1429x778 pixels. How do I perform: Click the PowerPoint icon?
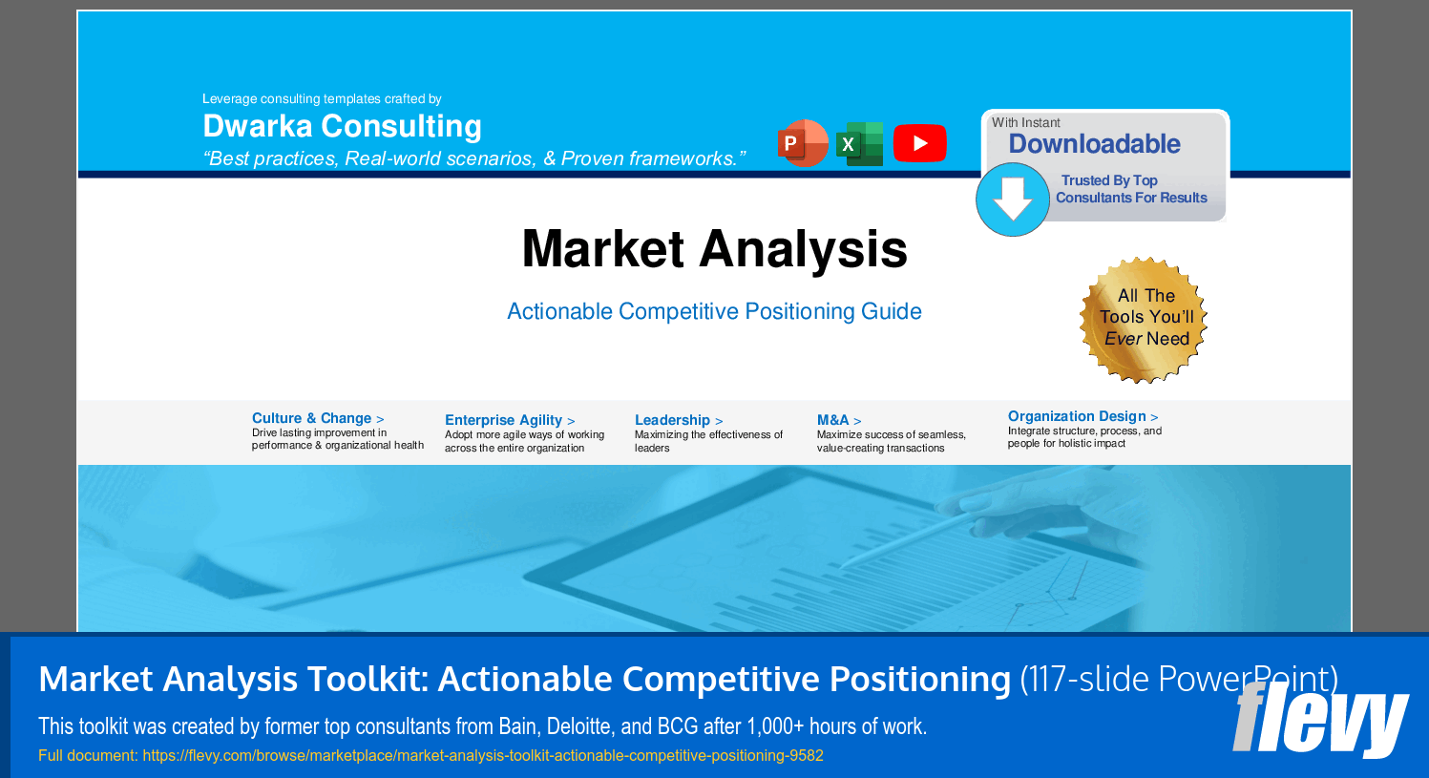803,143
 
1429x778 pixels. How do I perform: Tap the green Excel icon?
860,143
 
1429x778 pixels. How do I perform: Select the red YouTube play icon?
919,143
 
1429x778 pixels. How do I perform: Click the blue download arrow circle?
1013,199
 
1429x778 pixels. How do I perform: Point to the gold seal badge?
1144,320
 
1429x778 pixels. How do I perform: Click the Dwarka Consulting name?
342,126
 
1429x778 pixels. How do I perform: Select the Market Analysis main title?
714,249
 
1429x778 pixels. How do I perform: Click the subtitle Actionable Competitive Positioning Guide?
714,311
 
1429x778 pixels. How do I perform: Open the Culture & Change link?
318,418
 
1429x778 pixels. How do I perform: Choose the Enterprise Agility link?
510,420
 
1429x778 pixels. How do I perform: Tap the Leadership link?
678,420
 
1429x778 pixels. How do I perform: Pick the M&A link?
839,420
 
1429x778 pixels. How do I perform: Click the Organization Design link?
1082,416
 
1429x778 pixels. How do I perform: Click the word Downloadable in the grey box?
1094,143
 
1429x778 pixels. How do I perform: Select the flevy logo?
1320,720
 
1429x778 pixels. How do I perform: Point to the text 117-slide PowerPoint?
1179,679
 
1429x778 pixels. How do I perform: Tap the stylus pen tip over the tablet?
843,566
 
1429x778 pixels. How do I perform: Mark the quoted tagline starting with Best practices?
474,158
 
